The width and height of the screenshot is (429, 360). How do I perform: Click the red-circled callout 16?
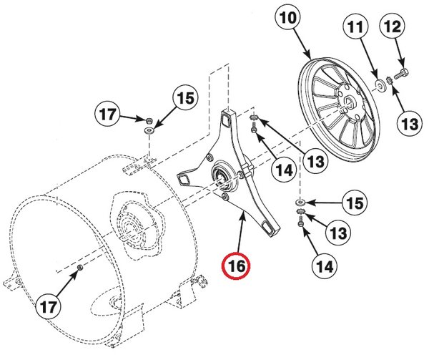(x=237, y=266)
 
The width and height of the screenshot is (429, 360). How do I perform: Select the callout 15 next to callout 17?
(x=183, y=99)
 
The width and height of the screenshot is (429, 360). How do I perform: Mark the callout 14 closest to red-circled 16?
(x=282, y=170)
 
